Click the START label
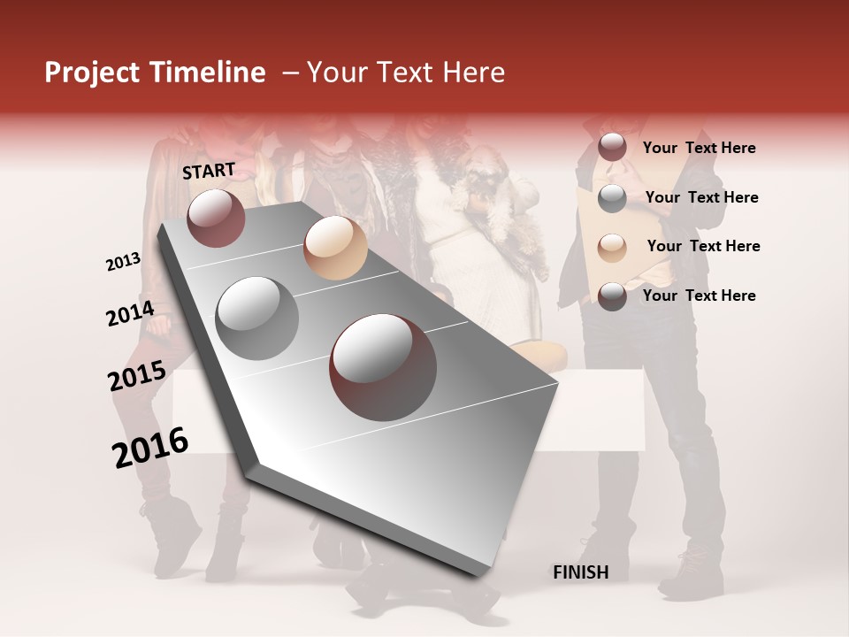[x=209, y=171]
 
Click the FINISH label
[x=580, y=572]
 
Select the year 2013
[x=123, y=262]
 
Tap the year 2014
[x=130, y=314]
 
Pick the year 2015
[x=137, y=376]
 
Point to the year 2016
[x=150, y=448]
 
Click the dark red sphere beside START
[x=216, y=218]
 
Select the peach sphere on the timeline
[x=335, y=248]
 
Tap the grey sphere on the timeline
[x=257, y=318]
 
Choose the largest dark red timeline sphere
[x=382, y=367]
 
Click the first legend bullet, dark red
[x=612, y=148]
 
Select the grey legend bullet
[x=612, y=198]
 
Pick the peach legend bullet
[x=612, y=247]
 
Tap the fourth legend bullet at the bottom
[x=612, y=296]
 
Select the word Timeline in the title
[x=209, y=73]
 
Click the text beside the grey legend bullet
[x=701, y=197]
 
